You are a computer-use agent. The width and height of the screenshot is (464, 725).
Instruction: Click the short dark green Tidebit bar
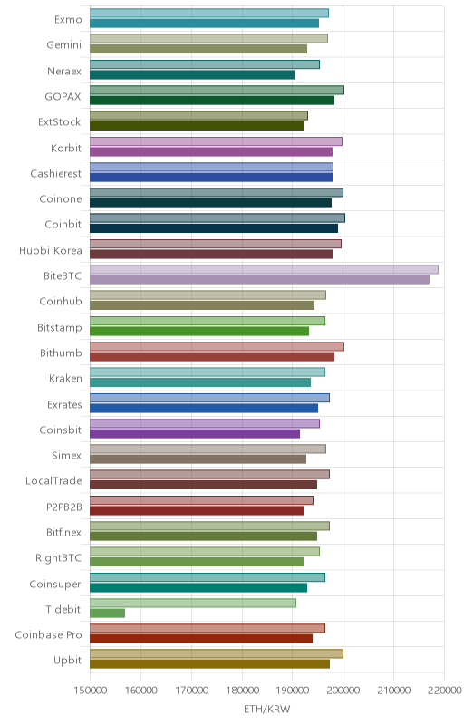107,614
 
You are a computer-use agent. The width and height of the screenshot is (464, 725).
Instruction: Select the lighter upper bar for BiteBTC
264,269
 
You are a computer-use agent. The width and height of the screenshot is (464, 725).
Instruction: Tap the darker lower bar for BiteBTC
259,280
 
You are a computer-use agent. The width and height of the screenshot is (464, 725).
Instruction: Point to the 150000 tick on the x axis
91,691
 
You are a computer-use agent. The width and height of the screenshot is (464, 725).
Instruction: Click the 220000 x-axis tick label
444,691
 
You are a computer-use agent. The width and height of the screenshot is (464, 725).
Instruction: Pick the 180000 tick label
242,691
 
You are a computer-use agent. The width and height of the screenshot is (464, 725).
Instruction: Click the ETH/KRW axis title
267,709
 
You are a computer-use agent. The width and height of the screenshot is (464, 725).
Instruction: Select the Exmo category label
68,19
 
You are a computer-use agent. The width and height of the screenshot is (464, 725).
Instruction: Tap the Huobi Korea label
51,251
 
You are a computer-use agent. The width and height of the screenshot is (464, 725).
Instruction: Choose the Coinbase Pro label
48,635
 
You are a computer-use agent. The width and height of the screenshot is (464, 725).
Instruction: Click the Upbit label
67,661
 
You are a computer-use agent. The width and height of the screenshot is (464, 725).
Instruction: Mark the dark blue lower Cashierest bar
211,177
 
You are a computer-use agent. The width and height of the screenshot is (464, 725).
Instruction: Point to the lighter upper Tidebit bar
193,603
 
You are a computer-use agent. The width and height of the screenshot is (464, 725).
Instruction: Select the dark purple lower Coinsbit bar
195,434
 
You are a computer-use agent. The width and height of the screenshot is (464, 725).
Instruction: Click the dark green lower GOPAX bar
212,101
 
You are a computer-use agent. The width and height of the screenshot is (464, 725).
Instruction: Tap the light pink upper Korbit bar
216,141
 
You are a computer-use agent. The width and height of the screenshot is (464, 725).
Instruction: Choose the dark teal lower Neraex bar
192,74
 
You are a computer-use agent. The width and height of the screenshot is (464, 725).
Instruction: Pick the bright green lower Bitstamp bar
199,331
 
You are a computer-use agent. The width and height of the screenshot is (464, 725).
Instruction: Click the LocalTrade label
53,481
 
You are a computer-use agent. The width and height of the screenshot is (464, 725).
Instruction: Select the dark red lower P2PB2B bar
197,510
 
